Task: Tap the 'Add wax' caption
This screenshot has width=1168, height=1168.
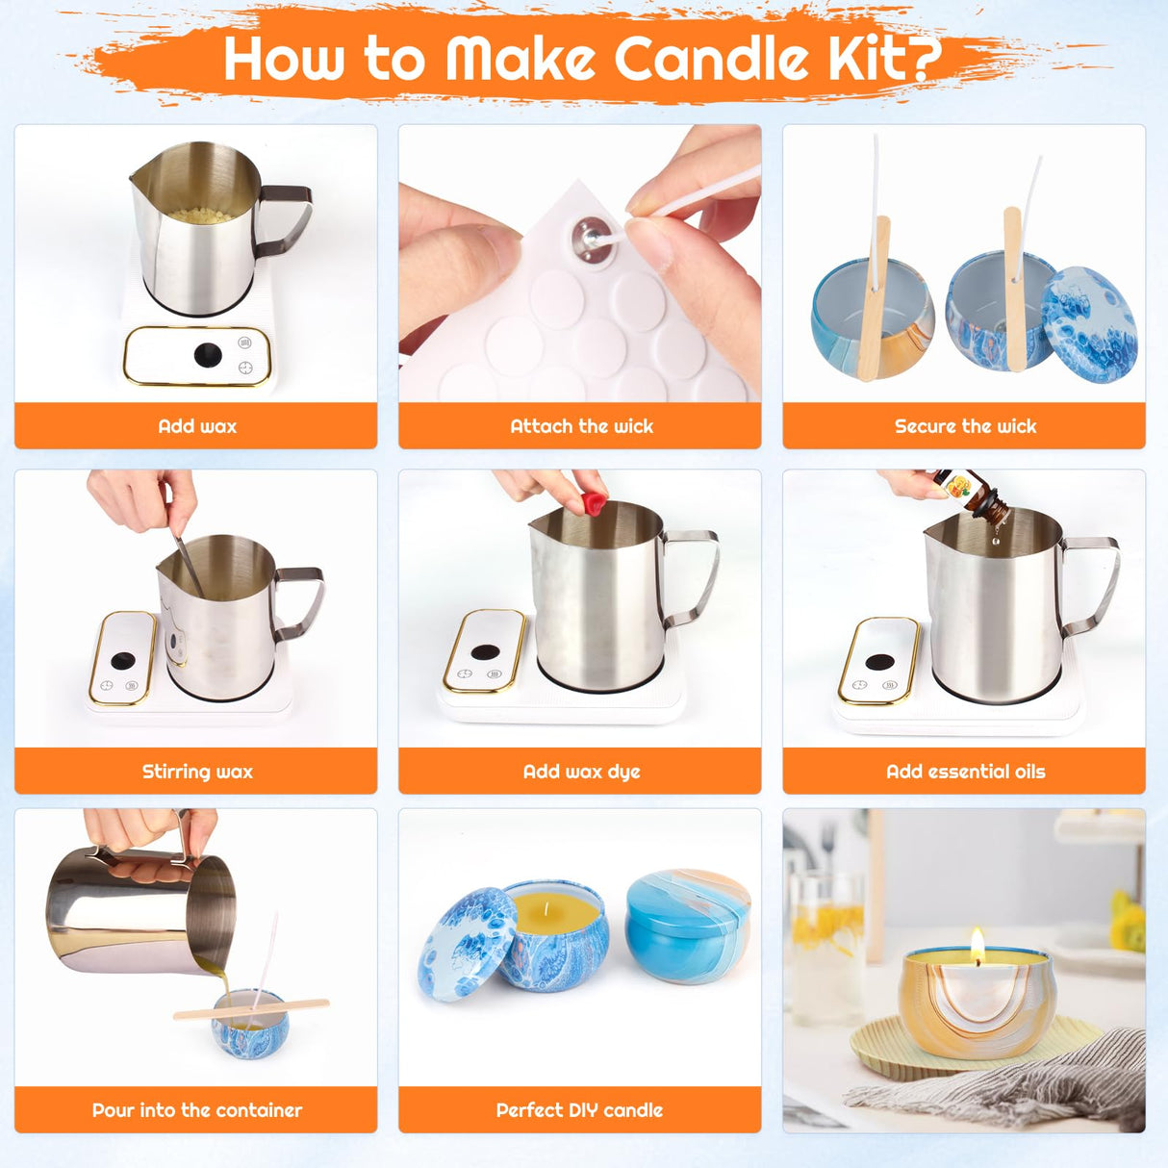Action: pos(196,426)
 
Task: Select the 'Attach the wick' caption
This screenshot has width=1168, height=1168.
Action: pos(581,426)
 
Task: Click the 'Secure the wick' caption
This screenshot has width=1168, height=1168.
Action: pos(965,426)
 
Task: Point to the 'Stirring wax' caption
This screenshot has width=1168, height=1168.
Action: pos(196,772)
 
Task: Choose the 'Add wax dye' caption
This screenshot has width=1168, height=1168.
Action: pos(581,772)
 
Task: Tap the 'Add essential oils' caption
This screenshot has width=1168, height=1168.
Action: pos(965,772)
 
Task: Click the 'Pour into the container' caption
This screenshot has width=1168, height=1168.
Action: pos(196,1110)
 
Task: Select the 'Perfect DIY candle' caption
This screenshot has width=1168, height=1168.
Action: pos(579,1110)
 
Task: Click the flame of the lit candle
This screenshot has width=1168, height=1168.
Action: pos(978,945)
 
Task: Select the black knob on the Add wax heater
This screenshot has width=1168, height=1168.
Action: pos(208,355)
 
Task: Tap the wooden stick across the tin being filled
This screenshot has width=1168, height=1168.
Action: pos(251,1009)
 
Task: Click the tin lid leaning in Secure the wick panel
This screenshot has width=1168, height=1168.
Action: pos(1091,323)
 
